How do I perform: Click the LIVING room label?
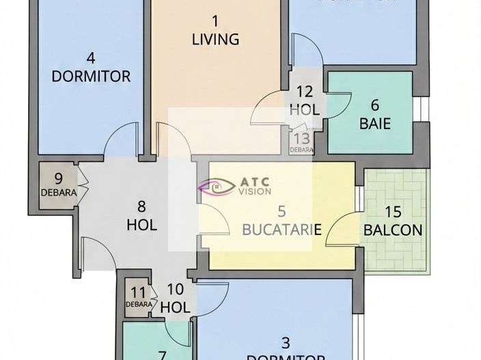pyautogui.click(x=215, y=39)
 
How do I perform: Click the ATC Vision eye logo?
pyautogui.click(x=214, y=186)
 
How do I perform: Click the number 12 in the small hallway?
pyautogui.click(x=305, y=91)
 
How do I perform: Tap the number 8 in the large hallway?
pyautogui.click(x=141, y=206)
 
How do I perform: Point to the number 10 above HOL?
pyautogui.click(x=175, y=289)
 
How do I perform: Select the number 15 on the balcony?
pyautogui.click(x=392, y=212)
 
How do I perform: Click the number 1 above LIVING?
pyautogui.click(x=215, y=20)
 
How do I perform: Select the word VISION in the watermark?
pyautogui.click(x=254, y=191)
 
